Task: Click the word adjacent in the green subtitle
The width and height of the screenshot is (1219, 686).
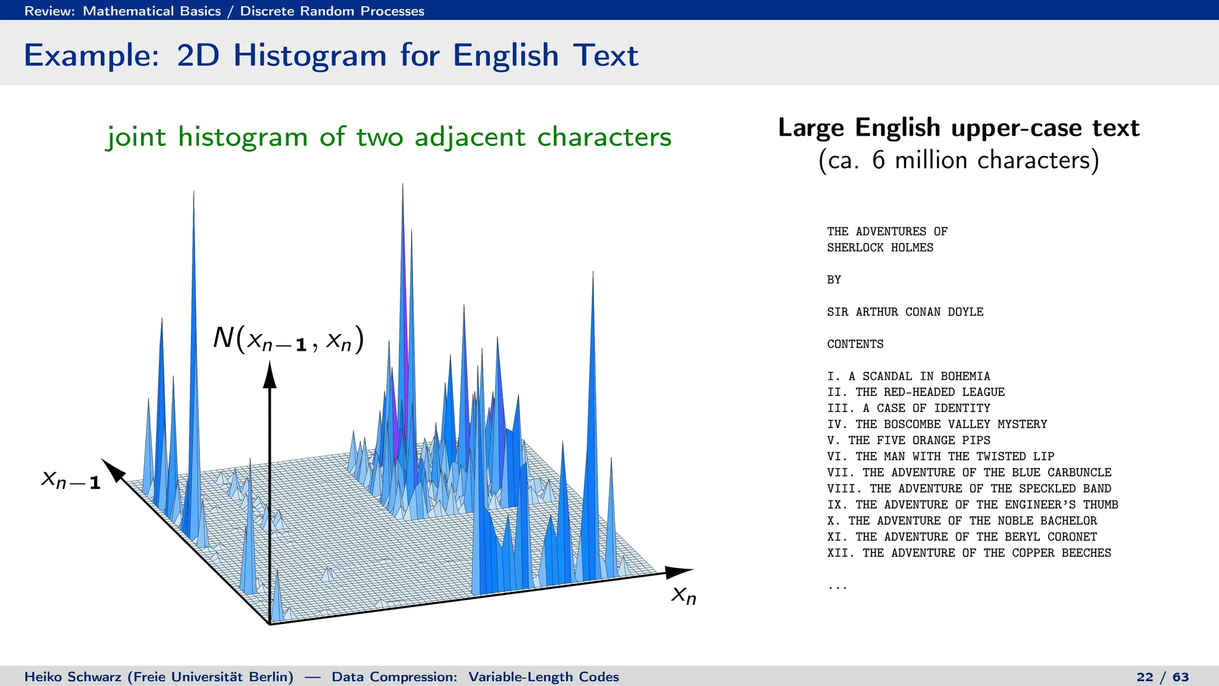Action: (x=470, y=138)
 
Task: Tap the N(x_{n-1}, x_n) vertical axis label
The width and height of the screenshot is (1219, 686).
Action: (x=288, y=339)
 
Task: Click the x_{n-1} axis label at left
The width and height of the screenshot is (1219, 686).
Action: (x=71, y=479)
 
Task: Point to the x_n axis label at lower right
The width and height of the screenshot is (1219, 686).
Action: (x=683, y=594)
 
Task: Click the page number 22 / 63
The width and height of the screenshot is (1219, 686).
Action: (x=1162, y=677)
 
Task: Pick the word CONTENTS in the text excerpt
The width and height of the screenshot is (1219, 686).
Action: (x=855, y=344)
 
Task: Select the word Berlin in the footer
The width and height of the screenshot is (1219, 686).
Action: (x=268, y=677)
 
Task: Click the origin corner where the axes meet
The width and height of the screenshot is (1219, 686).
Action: (x=270, y=623)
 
